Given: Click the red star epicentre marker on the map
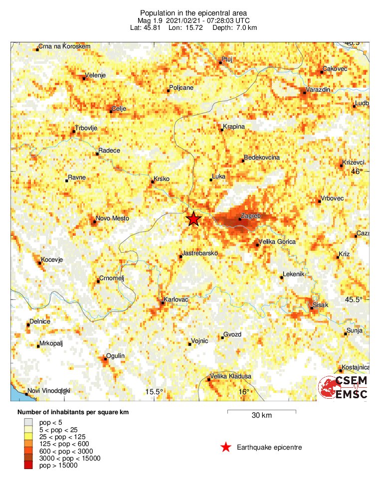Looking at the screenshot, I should (x=193, y=219).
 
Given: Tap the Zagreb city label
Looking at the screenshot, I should (x=251, y=216).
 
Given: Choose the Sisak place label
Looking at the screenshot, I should (x=320, y=304).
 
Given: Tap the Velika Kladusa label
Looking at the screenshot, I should (x=230, y=376).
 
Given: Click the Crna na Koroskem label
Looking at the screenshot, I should (x=65, y=46).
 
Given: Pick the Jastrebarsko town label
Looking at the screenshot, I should (x=200, y=254).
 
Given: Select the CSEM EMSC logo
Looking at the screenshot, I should (x=343, y=388).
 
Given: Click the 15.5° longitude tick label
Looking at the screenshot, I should (x=154, y=392).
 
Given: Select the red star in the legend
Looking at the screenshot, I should (x=226, y=447).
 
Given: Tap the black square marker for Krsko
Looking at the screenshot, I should (x=153, y=181).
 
